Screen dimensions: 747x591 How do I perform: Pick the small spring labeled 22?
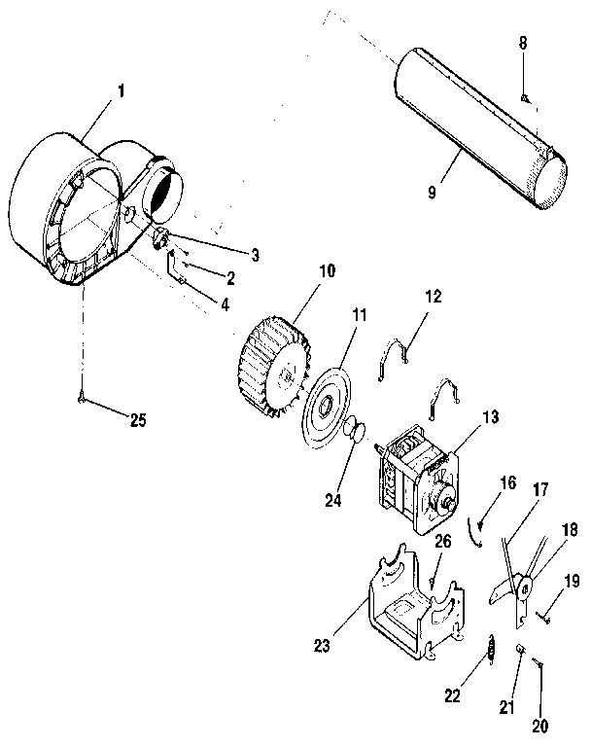coord(492,646)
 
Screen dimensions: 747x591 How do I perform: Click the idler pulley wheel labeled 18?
coord(524,587)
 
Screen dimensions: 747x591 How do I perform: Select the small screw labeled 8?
coord(524,97)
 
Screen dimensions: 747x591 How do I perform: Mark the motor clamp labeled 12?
coord(391,355)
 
